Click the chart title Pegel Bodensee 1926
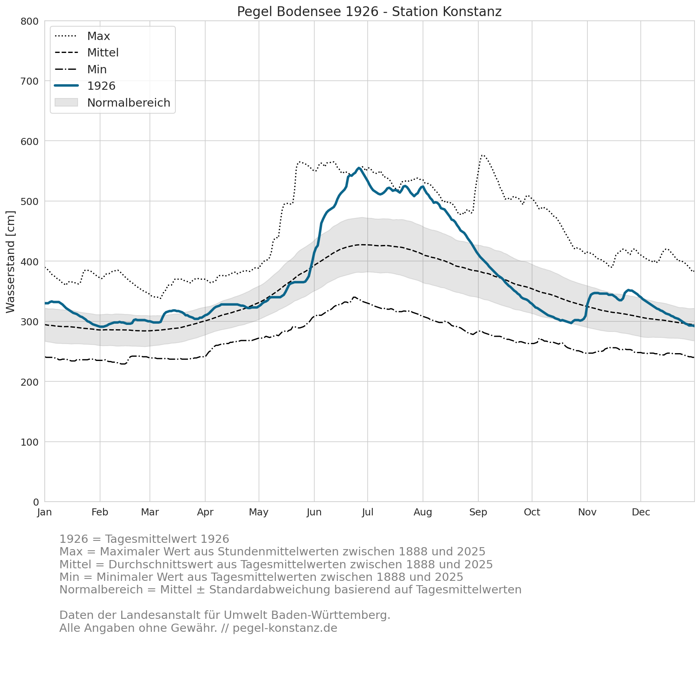[x=369, y=12]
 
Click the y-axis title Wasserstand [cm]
[x=11, y=262]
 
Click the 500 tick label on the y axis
[x=29, y=201]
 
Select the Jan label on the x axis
[x=45, y=512]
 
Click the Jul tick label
[x=368, y=512]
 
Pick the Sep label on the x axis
[x=478, y=512]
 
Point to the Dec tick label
[x=641, y=512]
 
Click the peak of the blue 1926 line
[x=359, y=168]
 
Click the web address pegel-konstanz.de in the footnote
[x=285, y=628]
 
